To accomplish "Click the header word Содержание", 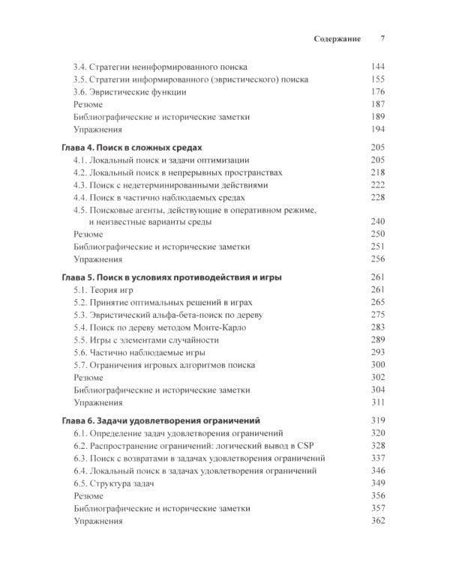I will (337, 38).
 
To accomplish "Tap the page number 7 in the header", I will (382, 38).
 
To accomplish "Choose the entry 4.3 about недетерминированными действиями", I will (169, 185).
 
